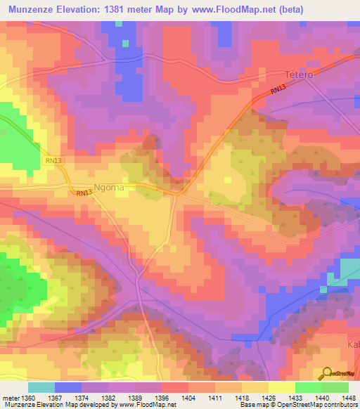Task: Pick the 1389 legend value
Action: [x=144, y=397]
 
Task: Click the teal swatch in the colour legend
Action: [x=41, y=387]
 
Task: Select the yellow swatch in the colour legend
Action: [x=281, y=387]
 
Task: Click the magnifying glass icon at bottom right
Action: [x=326, y=374]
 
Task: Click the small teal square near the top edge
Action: [x=125, y=43]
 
